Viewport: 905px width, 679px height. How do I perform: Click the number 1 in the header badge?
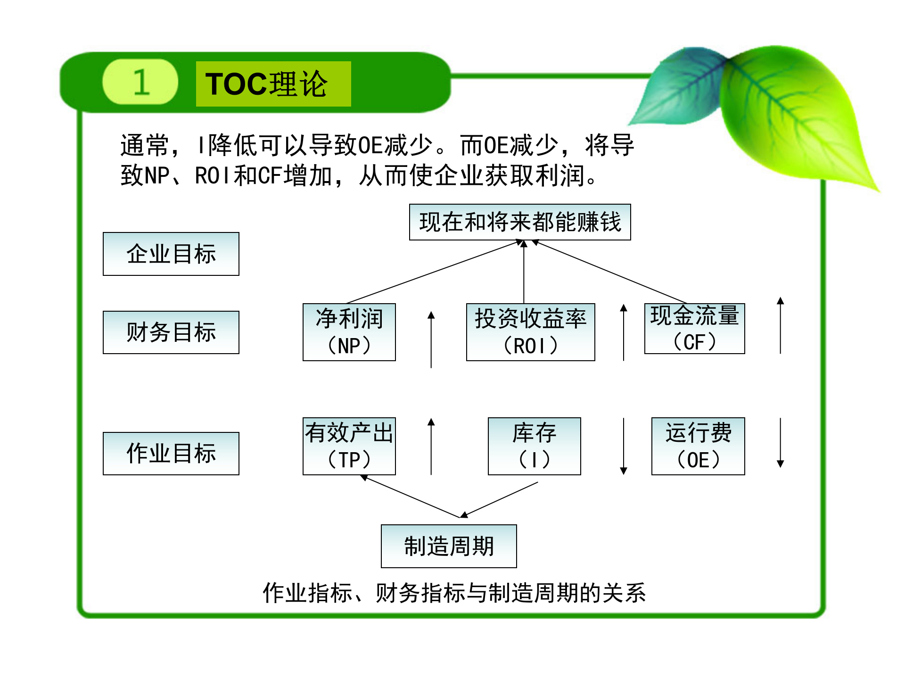click(x=141, y=83)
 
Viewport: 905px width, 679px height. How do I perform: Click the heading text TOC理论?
click(x=267, y=84)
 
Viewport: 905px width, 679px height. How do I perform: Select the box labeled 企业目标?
click(x=171, y=254)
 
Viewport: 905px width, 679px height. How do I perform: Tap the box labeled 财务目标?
click(x=171, y=332)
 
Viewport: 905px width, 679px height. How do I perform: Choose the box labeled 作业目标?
click(x=171, y=453)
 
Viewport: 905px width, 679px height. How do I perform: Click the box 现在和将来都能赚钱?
click(x=520, y=222)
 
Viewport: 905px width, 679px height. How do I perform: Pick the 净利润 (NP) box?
click(x=349, y=332)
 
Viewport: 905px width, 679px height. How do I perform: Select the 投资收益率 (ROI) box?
click(x=530, y=332)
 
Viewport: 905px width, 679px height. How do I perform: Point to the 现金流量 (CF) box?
click(x=694, y=329)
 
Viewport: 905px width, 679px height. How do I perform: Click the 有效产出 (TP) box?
click(x=349, y=446)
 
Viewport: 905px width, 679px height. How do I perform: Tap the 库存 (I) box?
click(x=534, y=446)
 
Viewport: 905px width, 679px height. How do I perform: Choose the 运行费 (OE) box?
click(x=698, y=446)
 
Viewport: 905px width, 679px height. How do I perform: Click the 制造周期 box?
click(x=449, y=546)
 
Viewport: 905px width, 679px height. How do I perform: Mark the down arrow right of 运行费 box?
click(x=780, y=443)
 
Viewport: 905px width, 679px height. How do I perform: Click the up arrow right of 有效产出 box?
click(x=431, y=446)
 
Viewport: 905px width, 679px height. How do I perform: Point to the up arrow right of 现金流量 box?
click(x=780, y=325)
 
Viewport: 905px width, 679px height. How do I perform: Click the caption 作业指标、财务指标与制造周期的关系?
click(x=454, y=593)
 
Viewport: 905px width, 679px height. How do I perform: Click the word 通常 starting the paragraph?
click(x=144, y=145)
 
